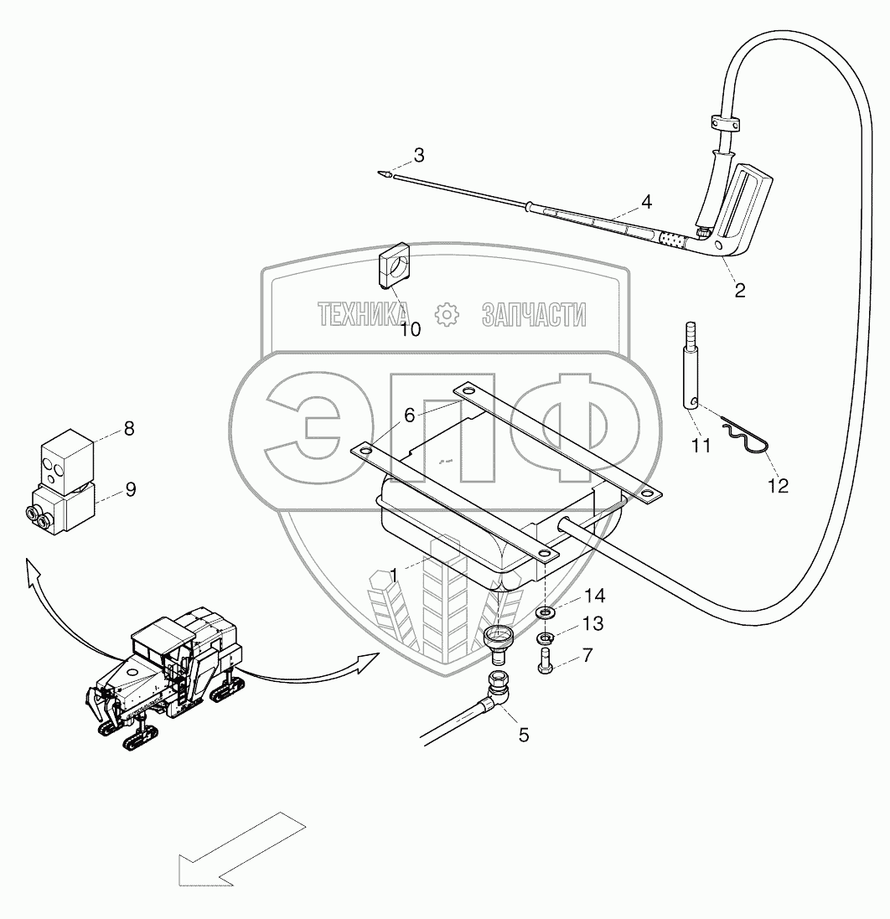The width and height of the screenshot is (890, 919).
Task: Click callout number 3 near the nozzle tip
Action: point(418,155)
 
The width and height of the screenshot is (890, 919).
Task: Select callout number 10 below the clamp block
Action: point(410,329)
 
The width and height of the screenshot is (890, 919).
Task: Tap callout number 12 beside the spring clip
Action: point(778,486)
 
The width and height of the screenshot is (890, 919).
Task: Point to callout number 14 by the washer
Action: point(594,596)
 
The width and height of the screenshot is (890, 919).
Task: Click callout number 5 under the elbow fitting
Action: point(524,735)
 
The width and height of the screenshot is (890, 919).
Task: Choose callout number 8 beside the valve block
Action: point(128,428)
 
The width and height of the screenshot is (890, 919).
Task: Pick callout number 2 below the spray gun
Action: point(739,291)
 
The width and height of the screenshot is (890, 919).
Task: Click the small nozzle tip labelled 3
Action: point(383,175)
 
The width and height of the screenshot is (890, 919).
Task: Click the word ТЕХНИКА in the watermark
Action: point(363,315)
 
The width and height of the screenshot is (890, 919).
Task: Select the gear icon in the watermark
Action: point(448,315)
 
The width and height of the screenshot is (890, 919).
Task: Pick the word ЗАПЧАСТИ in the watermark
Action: point(534,315)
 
